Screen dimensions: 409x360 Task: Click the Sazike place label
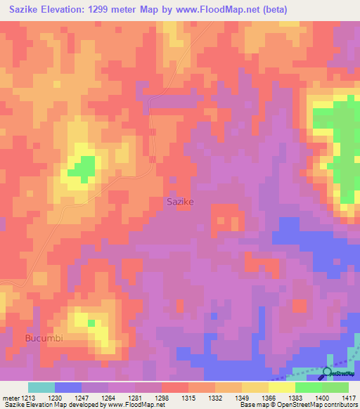click(179, 201)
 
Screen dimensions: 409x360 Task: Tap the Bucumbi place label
click(44, 338)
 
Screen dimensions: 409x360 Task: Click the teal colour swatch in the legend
click(41, 387)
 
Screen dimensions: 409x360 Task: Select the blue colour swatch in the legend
click(68, 387)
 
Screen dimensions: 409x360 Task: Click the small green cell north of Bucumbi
click(91, 323)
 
